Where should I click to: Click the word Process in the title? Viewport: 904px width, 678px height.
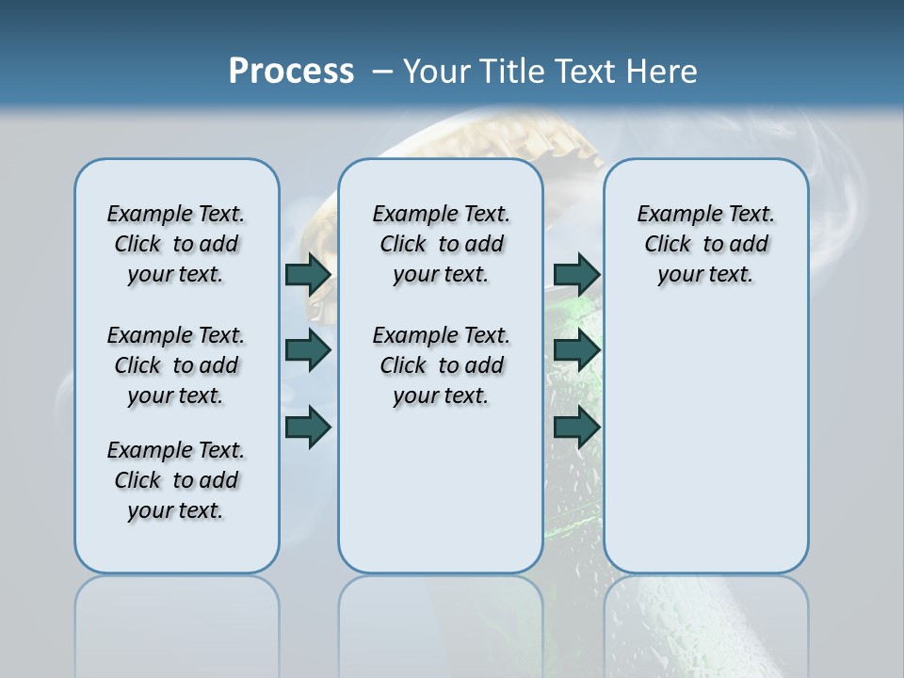(291, 72)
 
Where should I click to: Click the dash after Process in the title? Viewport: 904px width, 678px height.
(382, 73)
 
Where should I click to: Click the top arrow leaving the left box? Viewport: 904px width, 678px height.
(308, 274)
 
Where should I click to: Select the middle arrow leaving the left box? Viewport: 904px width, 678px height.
(308, 350)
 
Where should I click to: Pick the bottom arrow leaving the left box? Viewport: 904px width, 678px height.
(308, 427)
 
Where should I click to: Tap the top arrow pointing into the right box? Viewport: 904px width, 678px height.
(576, 274)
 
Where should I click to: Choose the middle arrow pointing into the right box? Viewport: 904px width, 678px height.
(576, 350)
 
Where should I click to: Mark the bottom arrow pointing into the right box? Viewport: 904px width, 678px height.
(576, 427)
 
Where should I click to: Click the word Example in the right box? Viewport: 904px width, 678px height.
(672, 215)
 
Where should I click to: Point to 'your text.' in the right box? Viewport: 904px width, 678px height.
(705, 275)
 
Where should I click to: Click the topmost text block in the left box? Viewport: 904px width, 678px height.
(176, 244)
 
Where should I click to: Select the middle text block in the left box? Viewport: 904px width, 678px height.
(176, 365)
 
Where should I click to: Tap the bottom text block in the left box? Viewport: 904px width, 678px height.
(176, 480)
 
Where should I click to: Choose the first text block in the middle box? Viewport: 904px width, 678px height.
(441, 244)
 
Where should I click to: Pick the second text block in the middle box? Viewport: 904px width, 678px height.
(441, 365)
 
